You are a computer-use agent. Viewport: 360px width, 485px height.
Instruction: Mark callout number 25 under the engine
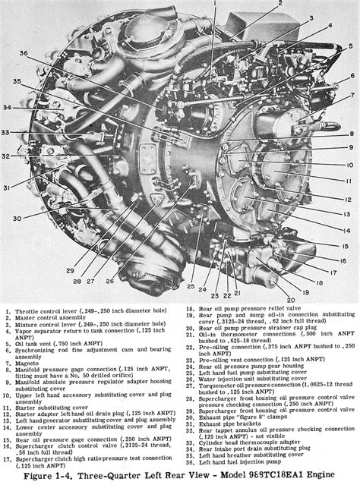point(191,287)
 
